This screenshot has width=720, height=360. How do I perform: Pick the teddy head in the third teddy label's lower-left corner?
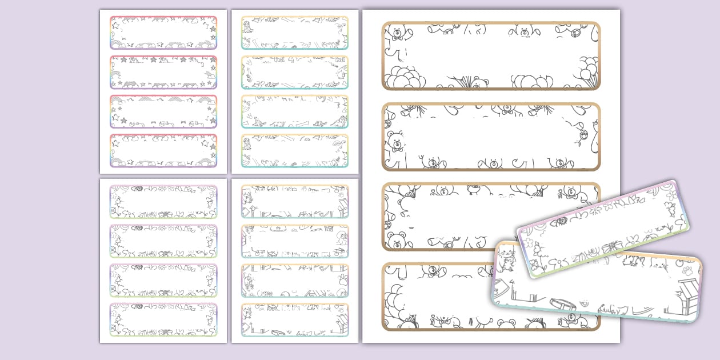[x=395, y=240]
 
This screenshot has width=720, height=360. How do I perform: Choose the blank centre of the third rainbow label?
[x=163, y=111]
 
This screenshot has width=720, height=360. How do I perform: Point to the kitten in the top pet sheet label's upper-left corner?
[x=247, y=196]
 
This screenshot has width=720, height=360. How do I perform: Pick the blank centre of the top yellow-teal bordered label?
[x=295, y=33]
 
